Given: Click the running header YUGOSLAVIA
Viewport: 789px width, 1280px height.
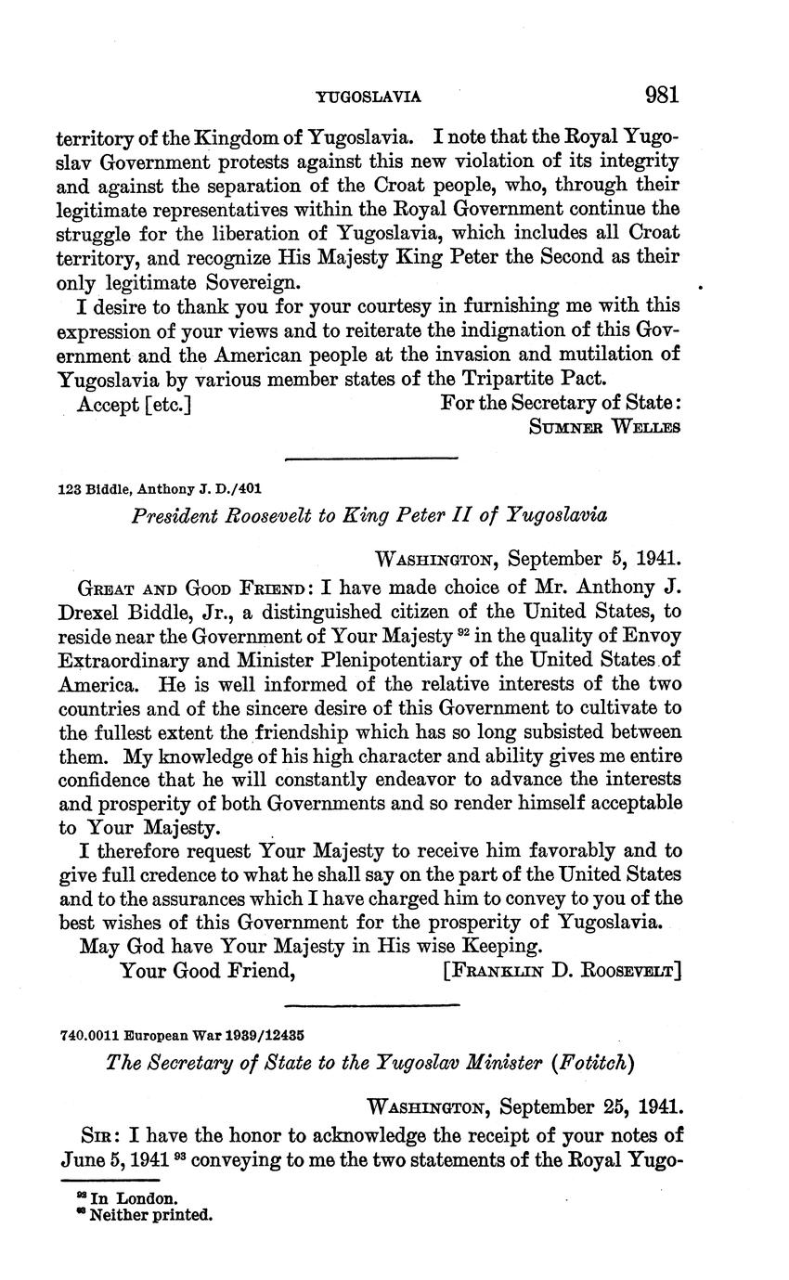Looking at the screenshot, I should [369, 97].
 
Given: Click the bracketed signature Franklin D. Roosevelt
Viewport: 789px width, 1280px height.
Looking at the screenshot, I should [563, 971].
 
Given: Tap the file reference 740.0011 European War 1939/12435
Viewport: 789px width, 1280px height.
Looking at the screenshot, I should [183, 1032].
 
